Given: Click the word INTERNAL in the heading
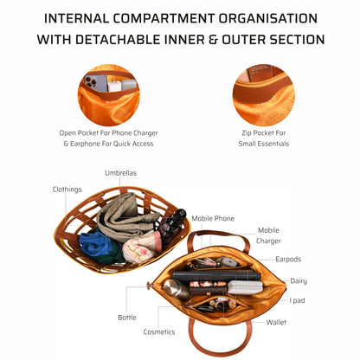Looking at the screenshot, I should (x=85, y=17).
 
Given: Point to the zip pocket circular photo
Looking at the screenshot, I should (x=263, y=93).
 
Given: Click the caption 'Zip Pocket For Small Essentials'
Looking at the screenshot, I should (x=263, y=138).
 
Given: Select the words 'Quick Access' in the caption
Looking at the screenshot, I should (x=130, y=144).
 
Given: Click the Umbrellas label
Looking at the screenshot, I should (x=120, y=173).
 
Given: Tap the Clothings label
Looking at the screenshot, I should (x=67, y=189).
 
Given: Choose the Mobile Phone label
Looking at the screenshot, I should (x=213, y=219).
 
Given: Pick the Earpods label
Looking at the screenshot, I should (x=288, y=258).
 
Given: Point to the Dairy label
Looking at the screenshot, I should (x=299, y=280).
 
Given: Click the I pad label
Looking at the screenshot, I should (x=297, y=300).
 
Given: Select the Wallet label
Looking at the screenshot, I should (x=277, y=321).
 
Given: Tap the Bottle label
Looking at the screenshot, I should (x=127, y=317).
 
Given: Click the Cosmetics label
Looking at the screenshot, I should (x=158, y=331).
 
